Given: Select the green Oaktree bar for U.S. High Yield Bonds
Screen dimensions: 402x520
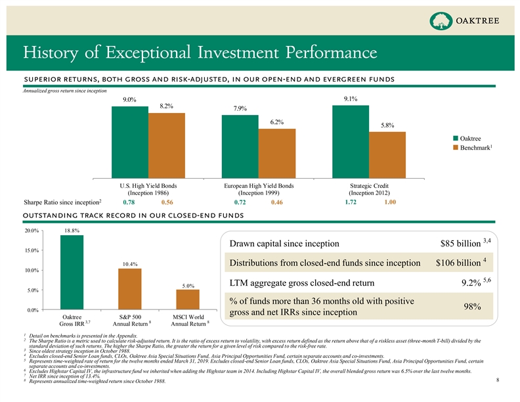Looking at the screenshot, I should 130,141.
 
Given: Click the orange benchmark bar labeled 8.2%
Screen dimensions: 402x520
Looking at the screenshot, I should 167,145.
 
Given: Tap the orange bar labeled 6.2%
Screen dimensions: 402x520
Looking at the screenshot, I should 277,153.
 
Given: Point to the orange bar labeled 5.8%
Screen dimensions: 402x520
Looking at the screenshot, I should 387,155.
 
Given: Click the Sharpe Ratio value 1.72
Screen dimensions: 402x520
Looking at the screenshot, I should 351,204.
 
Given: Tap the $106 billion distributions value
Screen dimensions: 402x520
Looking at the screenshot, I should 458,264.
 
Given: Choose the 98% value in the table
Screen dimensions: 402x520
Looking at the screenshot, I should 473,306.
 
